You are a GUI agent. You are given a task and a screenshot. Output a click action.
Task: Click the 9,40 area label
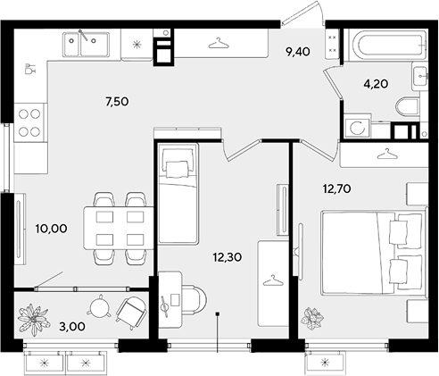tap(298, 52)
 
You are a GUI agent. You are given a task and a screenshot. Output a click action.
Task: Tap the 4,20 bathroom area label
tap(376, 84)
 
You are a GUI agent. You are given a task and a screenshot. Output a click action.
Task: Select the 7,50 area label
tap(117, 102)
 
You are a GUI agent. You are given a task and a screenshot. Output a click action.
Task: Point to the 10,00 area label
tap(51, 229)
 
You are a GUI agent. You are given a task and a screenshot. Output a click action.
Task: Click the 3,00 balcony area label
tap(72, 327)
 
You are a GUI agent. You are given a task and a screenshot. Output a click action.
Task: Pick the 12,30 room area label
tap(228, 257)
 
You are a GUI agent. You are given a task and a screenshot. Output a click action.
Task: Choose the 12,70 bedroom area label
tap(337, 188)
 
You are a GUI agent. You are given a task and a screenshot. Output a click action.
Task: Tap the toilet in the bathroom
tap(408, 108)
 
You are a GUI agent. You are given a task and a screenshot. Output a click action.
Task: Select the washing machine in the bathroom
tap(357, 128)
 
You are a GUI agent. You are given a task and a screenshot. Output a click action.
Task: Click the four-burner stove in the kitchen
tap(30, 122)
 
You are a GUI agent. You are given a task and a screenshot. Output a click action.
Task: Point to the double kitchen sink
tap(86, 45)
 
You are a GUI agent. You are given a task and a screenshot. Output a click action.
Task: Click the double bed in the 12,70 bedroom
tap(373, 253)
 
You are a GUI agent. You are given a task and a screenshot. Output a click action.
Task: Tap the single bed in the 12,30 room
tap(178, 194)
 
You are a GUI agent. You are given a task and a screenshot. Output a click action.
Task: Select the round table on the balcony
tap(99, 306)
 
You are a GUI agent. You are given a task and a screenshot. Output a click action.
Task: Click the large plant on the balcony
tap(33, 320)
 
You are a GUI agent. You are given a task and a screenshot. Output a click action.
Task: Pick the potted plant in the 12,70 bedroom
tap(312, 319)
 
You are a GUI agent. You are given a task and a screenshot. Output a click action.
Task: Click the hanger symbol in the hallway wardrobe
tap(219, 43)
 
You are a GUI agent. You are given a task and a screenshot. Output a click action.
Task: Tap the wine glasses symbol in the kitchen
tap(30, 69)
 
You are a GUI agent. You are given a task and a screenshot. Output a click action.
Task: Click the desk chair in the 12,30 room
tap(195, 300)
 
